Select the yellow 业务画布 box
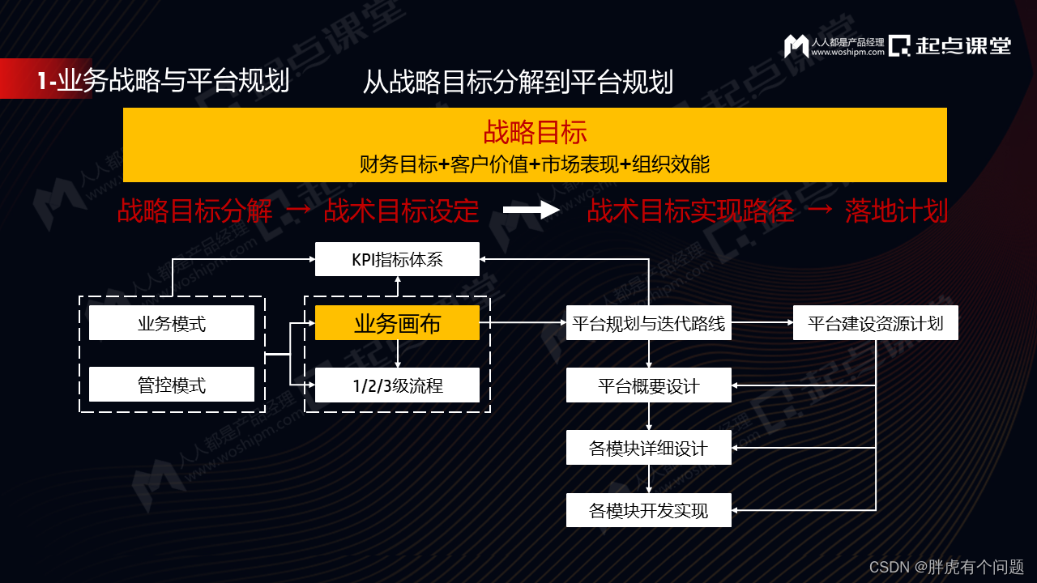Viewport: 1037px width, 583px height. click(x=397, y=323)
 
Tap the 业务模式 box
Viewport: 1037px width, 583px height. click(x=172, y=323)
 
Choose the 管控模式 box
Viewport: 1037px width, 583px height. click(x=172, y=385)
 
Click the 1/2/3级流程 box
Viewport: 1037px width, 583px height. click(x=397, y=385)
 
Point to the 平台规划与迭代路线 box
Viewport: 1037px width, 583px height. click(x=648, y=323)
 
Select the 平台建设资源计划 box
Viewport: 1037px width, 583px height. click(x=875, y=323)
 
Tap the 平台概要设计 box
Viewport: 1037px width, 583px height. click(x=648, y=385)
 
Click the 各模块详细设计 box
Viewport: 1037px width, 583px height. click(x=648, y=448)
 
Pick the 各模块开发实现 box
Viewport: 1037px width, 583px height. click(x=648, y=510)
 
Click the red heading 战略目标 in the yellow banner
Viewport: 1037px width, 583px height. click(x=535, y=132)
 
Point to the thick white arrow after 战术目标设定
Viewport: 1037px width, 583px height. click(x=531, y=211)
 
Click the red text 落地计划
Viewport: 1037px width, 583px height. click(x=896, y=211)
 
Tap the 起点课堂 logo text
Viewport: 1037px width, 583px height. click(x=964, y=45)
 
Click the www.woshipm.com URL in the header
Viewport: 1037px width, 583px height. click(x=847, y=53)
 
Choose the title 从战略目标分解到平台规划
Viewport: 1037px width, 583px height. click(x=518, y=81)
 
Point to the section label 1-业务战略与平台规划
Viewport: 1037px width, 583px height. click(x=163, y=81)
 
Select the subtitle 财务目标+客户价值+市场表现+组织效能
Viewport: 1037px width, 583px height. click(x=535, y=164)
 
